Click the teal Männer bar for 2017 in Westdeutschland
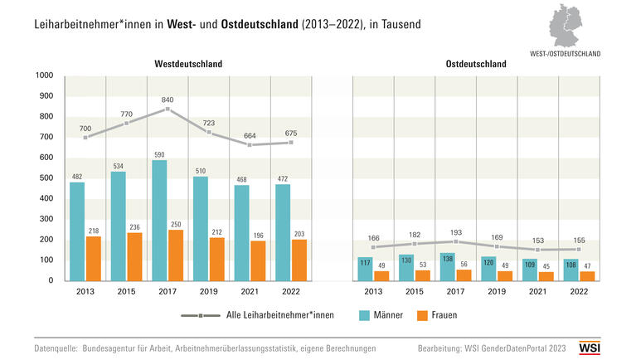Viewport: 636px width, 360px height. click(159, 220)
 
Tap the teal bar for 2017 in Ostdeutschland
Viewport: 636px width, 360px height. click(447, 266)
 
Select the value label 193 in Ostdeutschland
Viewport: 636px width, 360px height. click(454, 228)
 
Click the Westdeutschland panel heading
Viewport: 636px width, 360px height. click(188, 64)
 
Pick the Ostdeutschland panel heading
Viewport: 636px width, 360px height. click(476, 64)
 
